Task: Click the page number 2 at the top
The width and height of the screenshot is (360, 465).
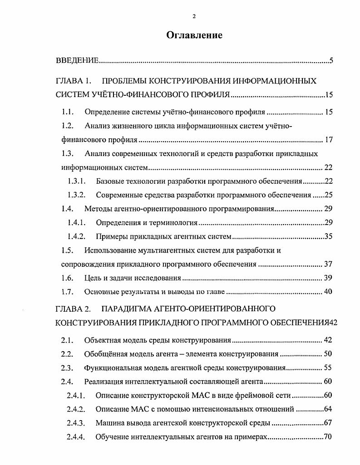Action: [194, 16]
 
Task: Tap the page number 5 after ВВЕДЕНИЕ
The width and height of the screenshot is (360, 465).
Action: [331, 60]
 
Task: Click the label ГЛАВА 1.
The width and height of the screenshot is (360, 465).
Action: [74, 81]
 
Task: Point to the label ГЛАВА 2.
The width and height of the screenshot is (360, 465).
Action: [74, 309]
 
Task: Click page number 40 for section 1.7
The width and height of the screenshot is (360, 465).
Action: [329, 292]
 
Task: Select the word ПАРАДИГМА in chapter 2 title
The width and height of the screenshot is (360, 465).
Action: [125, 309]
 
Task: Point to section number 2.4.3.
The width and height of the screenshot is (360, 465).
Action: [77, 423]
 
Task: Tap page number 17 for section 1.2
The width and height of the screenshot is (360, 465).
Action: [329, 140]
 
